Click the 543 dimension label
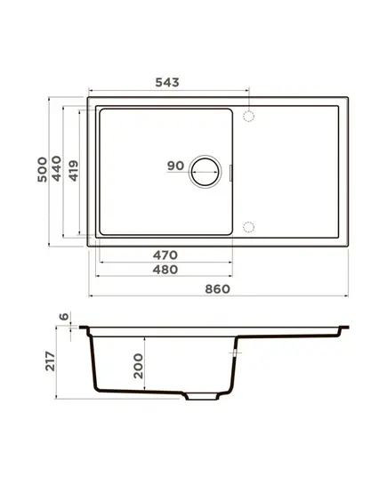tap(167, 82)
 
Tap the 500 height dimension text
tap(43, 169)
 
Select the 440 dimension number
tap(56, 168)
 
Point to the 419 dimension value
tap(74, 171)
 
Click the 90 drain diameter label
tap(176, 166)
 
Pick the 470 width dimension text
tap(165, 255)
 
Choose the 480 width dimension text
tap(165, 270)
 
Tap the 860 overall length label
tap(218, 289)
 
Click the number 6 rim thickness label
tap(64, 317)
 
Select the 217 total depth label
tap(51, 361)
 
